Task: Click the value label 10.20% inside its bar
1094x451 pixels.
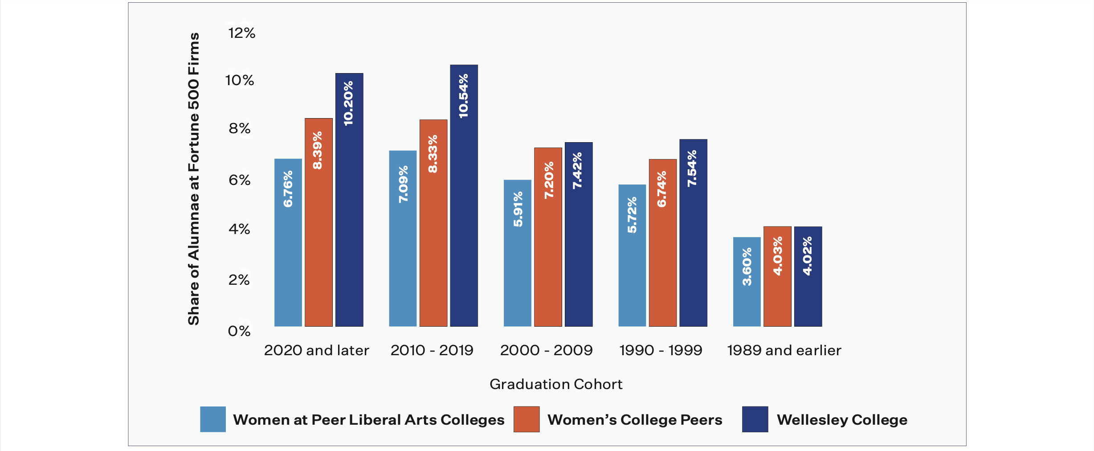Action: [x=348, y=103]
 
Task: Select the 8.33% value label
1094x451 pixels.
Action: [x=433, y=154]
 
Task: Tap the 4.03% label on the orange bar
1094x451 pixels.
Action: [x=777, y=256]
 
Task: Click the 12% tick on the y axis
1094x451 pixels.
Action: [x=241, y=33]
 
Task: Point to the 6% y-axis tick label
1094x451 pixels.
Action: [x=239, y=180]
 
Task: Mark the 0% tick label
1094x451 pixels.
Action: [x=239, y=331]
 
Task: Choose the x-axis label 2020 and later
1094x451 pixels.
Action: [x=316, y=350]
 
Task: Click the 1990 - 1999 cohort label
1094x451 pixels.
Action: [x=661, y=350]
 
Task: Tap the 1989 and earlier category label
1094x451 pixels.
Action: [x=784, y=350]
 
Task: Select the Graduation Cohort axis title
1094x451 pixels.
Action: [x=555, y=384]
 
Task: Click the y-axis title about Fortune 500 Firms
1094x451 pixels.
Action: [x=194, y=178]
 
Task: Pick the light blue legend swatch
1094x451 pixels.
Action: [x=213, y=419]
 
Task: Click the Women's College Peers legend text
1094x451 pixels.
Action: [x=634, y=420]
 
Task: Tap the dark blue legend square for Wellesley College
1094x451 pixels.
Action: [x=755, y=419]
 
